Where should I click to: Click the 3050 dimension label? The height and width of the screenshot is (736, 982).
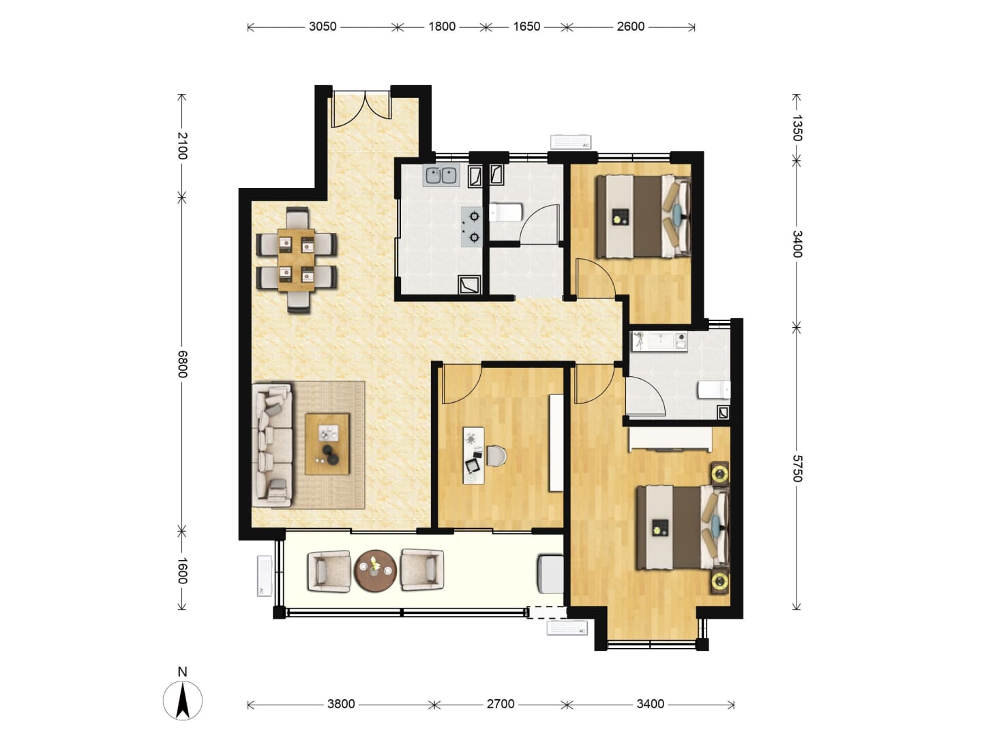click(x=322, y=27)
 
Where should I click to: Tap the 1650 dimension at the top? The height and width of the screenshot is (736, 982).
click(x=526, y=27)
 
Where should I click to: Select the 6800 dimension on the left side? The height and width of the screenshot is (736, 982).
click(x=182, y=364)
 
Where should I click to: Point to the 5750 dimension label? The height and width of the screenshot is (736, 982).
click(x=797, y=468)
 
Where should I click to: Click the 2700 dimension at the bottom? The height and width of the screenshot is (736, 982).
click(x=500, y=704)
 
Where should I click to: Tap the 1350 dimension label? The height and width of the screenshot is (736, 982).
click(x=797, y=128)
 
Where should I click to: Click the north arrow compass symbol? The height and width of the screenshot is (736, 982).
click(x=183, y=701)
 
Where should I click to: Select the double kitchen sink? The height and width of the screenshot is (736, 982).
click(x=441, y=175)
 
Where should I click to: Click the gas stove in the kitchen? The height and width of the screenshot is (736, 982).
click(x=471, y=226)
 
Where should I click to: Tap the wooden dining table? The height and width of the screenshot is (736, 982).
click(x=296, y=260)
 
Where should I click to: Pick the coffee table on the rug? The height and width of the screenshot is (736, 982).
click(x=327, y=444)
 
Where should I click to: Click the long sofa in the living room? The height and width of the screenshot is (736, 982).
click(x=272, y=445)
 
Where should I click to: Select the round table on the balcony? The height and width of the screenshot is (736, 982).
click(x=375, y=570)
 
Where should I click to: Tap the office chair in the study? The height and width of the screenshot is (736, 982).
click(x=496, y=456)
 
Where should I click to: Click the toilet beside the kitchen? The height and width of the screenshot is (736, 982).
click(x=506, y=213)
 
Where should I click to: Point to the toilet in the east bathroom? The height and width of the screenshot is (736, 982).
click(x=714, y=390)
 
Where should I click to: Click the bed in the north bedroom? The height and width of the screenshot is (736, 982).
click(x=643, y=216)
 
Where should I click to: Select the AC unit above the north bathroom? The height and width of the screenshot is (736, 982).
click(x=571, y=142)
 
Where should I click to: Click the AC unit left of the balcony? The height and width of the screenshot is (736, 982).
click(x=265, y=576)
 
